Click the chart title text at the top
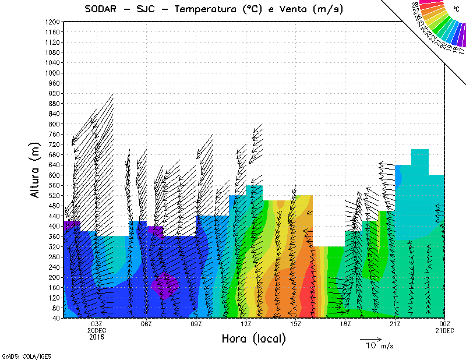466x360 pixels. point(213,9)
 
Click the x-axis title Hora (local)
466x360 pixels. point(254,338)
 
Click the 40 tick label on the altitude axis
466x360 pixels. point(57,318)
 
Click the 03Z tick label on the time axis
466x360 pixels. point(97,324)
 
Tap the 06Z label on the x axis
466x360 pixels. point(146,324)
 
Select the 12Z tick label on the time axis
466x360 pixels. point(246,324)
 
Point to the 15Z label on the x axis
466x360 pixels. point(295,324)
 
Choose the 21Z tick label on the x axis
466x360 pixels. point(395,324)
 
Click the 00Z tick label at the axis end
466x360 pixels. point(444,324)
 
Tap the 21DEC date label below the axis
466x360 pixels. point(444,330)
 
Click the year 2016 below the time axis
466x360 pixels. point(97,337)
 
